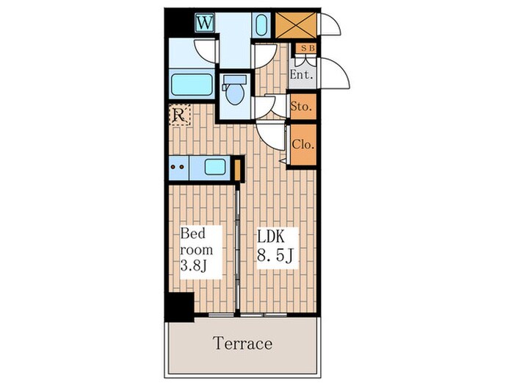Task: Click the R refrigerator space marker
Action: [x=178, y=115]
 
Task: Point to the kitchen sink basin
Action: [x=214, y=167]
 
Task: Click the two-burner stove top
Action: [x=178, y=167]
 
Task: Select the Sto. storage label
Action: [x=301, y=107]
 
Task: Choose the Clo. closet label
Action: [x=303, y=144]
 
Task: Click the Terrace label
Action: [x=243, y=343]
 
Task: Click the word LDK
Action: [x=275, y=237]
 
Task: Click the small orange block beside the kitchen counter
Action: [x=237, y=168]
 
